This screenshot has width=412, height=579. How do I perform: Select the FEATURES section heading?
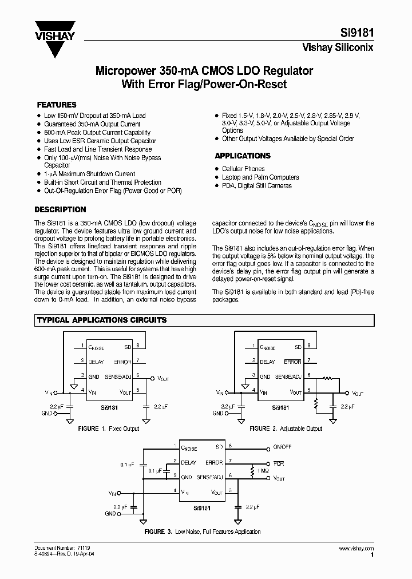point(57,105)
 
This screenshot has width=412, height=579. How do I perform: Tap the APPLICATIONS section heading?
point(243,156)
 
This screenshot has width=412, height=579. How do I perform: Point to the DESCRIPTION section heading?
point(61,209)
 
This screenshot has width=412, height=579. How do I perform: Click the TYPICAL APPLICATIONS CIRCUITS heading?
point(102,320)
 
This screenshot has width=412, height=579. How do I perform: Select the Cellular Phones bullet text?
point(243,169)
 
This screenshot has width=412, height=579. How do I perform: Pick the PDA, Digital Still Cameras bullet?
point(257,185)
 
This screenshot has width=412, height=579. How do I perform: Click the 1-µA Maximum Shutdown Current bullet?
point(90,174)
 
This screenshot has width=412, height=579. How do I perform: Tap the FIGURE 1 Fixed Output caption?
point(108,429)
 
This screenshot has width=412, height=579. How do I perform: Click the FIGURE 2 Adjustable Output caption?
point(286,429)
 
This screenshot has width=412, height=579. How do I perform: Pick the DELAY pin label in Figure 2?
point(268,362)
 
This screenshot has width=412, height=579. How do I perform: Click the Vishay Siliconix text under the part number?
point(338,48)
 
